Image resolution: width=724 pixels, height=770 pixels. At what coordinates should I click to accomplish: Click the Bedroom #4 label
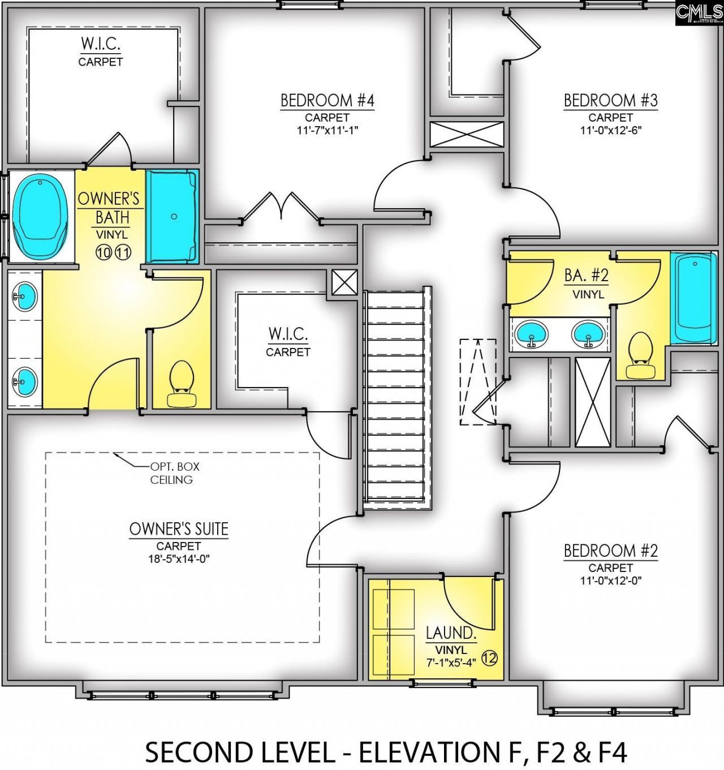[327, 101]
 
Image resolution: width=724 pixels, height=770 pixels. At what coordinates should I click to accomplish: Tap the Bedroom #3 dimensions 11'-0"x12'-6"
[610, 130]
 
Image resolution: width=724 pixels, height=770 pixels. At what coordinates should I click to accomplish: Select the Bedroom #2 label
[610, 550]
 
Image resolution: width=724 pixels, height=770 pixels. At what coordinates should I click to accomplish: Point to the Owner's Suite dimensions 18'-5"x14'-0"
[179, 559]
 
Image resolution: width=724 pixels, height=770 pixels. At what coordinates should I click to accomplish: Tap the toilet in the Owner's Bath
[181, 384]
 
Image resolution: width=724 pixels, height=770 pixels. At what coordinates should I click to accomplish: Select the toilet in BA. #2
[641, 355]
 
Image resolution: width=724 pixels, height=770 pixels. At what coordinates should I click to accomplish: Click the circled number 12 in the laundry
[489, 658]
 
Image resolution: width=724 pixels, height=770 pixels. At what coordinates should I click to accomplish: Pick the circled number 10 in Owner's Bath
[104, 252]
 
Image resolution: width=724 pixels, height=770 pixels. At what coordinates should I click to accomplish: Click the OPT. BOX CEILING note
[171, 473]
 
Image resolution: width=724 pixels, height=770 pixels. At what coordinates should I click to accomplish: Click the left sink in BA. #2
[532, 334]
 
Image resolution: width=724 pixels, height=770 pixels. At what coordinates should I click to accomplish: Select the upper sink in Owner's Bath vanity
[25, 295]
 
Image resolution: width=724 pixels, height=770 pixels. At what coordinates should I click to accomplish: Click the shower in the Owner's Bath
[172, 216]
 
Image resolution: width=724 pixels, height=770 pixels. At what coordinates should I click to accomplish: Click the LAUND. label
[451, 633]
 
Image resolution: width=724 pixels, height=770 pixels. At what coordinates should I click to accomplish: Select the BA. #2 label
[587, 276]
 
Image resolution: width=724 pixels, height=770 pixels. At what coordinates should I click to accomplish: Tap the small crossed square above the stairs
[344, 282]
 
